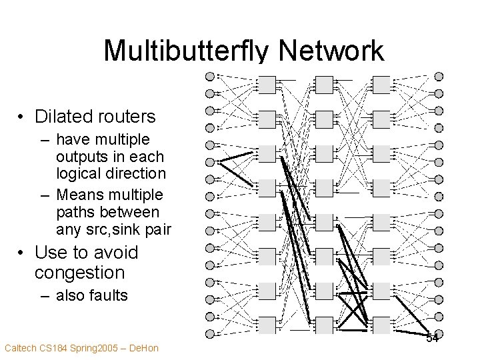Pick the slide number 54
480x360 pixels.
point(433,339)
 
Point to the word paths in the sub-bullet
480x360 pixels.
point(77,213)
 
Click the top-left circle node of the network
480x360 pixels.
point(210,76)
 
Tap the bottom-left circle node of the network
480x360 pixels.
point(210,333)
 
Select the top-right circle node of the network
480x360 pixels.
point(439,76)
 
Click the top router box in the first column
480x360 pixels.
point(267,85)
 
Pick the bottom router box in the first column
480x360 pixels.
point(267,325)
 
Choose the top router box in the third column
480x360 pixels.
point(381,85)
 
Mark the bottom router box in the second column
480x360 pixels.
point(324,325)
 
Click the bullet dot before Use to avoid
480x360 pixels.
point(23,253)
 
